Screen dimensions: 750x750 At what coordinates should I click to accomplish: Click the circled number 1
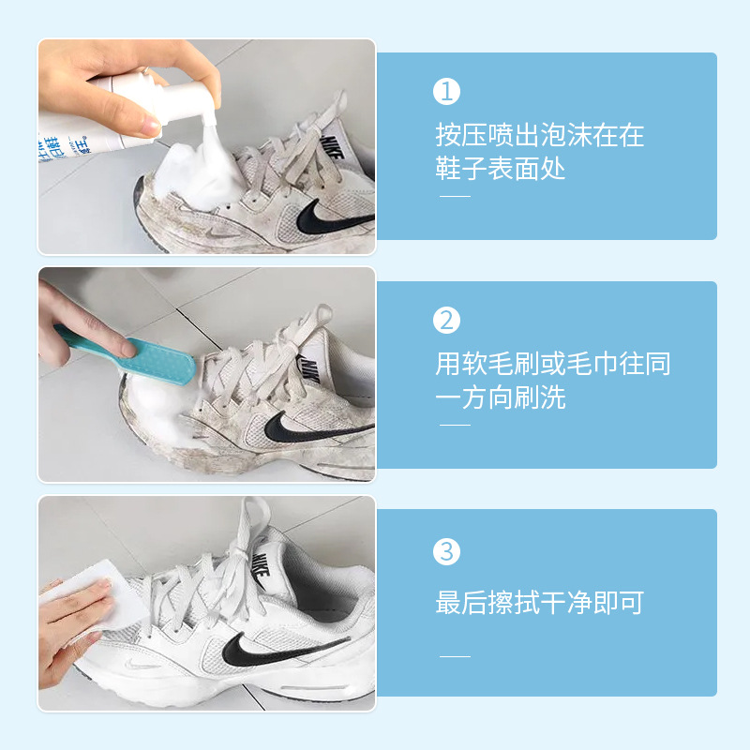pyautogui.click(x=446, y=91)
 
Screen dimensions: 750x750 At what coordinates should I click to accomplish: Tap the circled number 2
pyautogui.click(x=446, y=320)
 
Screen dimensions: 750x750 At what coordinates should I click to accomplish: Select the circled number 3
pyautogui.click(x=446, y=551)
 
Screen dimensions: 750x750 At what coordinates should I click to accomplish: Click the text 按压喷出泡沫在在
pyautogui.click(x=540, y=135)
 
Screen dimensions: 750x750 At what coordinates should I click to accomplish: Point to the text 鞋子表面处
pyautogui.click(x=501, y=169)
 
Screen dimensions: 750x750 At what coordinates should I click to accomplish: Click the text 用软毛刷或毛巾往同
pyautogui.click(x=552, y=364)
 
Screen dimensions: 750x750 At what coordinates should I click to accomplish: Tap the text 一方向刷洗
pyautogui.click(x=501, y=397)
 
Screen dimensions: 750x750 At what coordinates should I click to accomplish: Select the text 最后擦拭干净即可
pyautogui.click(x=540, y=602)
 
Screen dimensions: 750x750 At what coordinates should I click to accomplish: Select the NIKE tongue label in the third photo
pyautogui.click(x=262, y=567)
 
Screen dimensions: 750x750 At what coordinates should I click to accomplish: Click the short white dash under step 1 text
pyautogui.click(x=455, y=196)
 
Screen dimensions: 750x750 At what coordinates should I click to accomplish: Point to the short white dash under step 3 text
pyautogui.click(x=455, y=656)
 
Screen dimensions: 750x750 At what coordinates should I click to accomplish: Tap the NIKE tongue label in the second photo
pyautogui.click(x=310, y=369)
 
